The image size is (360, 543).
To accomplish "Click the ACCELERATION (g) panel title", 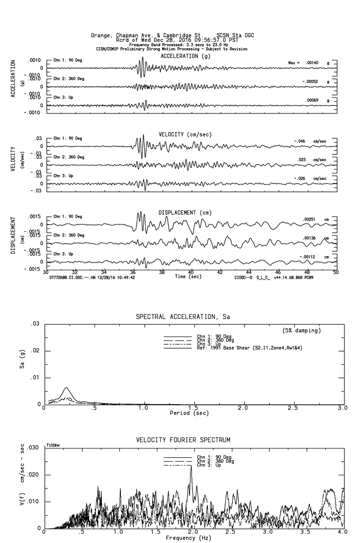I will click(179, 56).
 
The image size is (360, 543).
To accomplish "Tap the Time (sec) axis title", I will click(188, 277).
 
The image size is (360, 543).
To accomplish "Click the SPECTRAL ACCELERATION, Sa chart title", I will click(183, 317).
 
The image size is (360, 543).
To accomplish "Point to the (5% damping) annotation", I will click(302, 331).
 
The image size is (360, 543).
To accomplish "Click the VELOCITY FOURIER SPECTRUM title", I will click(183, 440).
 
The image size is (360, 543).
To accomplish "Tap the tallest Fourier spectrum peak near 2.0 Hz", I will click(191, 467).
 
